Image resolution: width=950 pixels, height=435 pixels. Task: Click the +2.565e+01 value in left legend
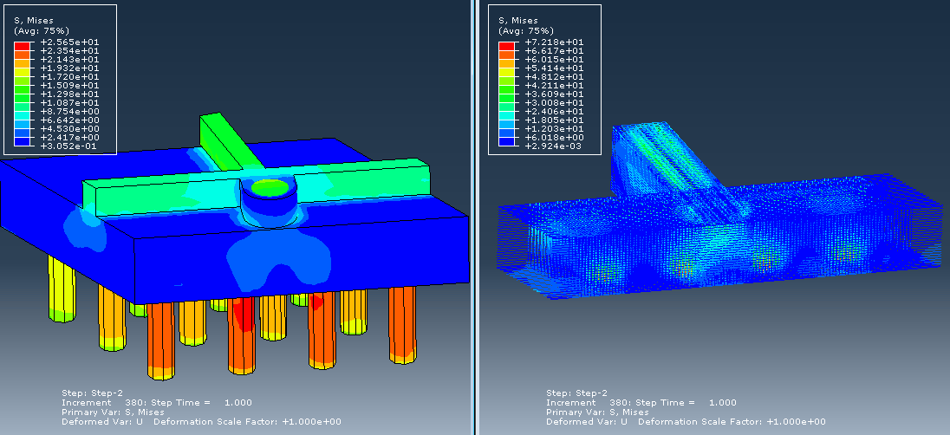(x=69, y=42)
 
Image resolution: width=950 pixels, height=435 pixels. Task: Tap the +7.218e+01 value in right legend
(x=555, y=42)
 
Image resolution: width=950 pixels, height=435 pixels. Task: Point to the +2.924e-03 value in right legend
(x=555, y=146)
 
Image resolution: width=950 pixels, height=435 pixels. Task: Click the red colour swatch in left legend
(x=22, y=46)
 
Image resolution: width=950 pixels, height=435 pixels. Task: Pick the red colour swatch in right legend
(x=506, y=46)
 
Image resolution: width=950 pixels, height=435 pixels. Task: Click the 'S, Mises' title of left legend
(x=33, y=21)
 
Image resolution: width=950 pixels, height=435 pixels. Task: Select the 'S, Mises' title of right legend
(x=518, y=21)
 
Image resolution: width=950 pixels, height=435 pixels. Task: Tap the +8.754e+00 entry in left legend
(x=69, y=112)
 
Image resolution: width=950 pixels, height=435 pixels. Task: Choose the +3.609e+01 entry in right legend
(x=555, y=94)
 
